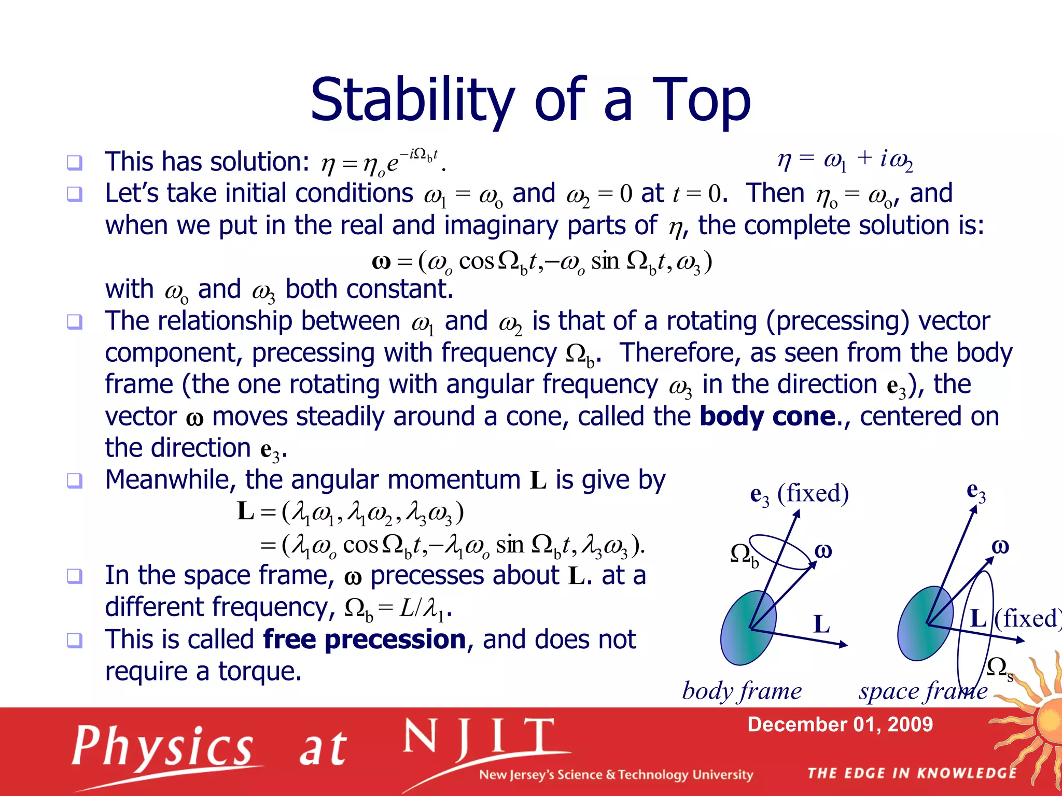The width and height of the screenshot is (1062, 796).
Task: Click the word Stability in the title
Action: pyautogui.click(x=412, y=100)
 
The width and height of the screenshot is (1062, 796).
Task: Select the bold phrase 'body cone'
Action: pyautogui.click(x=767, y=416)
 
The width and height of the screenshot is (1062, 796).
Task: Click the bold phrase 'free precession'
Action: pyautogui.click(x=365, y=639)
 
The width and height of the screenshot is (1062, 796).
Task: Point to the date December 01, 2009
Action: pyautogui.click(x=840, y=724)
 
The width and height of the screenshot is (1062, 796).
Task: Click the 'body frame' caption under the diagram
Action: pyautogui.click(x=742, y=691)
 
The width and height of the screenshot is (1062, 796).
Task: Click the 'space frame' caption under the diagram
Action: pyautogui.click(x=923, y=691)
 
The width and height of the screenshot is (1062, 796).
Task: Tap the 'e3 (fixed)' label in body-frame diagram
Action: pyautogui.click(x=799, y=494)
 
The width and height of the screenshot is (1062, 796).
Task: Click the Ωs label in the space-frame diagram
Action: pyautogui.click(x=1000, y=669)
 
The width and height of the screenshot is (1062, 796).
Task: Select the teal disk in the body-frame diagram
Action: pyautogui.click(x=748, y=628)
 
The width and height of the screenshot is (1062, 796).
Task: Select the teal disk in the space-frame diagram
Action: pyautogui.click(x=925, y=623)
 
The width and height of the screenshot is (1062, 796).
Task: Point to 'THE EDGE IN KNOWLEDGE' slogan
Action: pyautogui.click(x=912, y=773)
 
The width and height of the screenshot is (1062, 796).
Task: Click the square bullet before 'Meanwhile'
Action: pyautogui.click(x=75, y=480)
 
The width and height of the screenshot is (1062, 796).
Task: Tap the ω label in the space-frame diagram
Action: pyautogui.click(x=1000, y=547)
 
